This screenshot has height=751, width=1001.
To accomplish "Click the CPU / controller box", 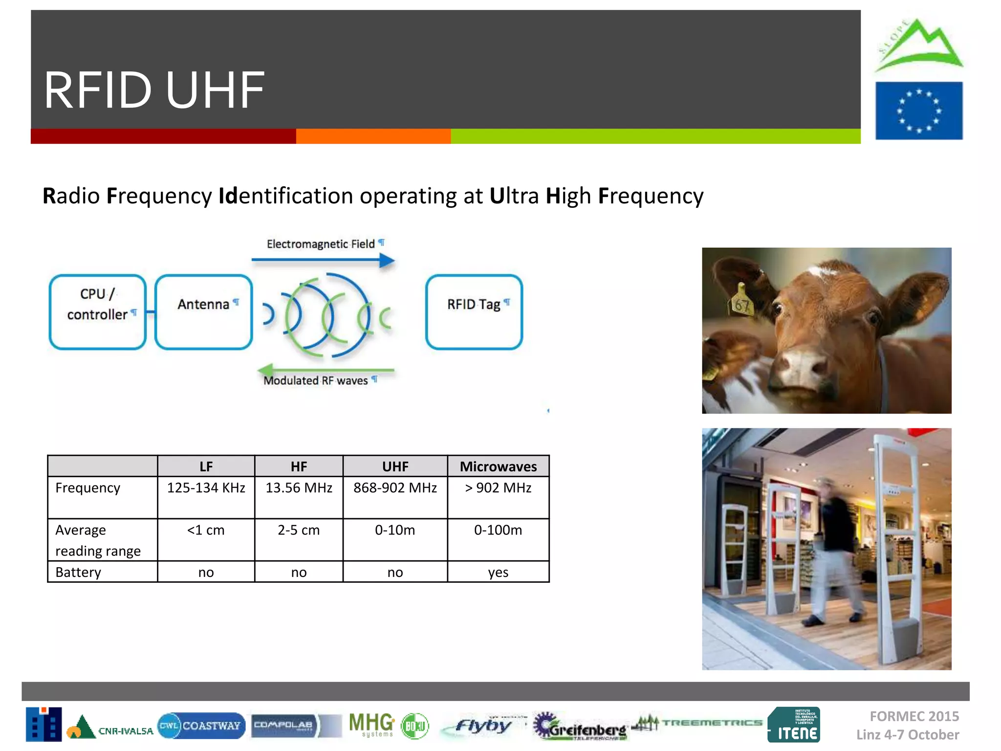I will (x=98, y=312).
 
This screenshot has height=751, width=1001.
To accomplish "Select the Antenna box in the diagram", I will (x=203, y=312).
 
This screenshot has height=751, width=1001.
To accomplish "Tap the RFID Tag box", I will (x=474, y=312).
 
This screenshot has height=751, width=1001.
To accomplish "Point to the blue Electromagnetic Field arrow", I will (x=323, y=260).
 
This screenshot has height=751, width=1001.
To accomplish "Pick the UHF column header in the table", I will (x=395, y=466).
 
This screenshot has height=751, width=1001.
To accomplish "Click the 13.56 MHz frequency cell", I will (x=299, y=488).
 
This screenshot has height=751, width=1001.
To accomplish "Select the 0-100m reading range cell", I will (x=498, y=530).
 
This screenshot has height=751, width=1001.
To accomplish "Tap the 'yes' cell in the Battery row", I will (x=498, y=572).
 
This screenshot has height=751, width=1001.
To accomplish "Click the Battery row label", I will (x=78, y=572).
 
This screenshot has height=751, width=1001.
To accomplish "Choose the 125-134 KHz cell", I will (x=206, y=488).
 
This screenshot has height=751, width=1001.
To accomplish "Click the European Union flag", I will (x=918, y=111).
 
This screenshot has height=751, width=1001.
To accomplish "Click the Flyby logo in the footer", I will (x=483, y=726).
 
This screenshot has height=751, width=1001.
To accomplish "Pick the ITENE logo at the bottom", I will (x=794, y=725).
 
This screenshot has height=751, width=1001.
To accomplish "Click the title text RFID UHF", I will (x=154, y=90).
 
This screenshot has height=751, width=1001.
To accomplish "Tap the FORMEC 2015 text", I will (x=914, y=716).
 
